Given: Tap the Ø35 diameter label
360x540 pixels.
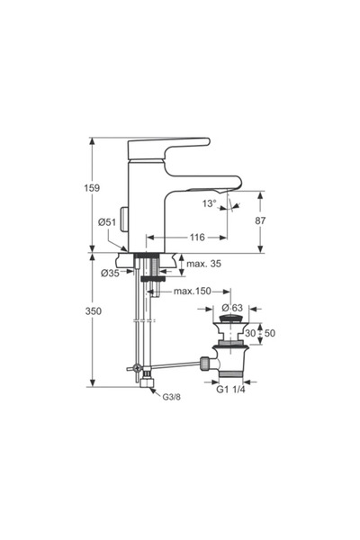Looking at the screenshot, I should pyautogui.click(x=110, y=273).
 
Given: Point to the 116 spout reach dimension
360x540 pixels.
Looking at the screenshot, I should pyautogui.click(x=197, y=238).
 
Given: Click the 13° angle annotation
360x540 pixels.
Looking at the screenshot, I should pyautogui.click(x=210, y=203).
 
